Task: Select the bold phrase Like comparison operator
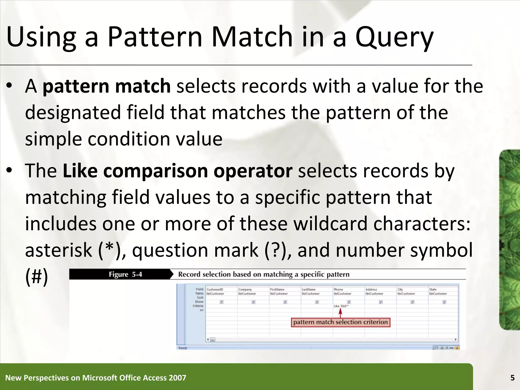(x=177, y=171)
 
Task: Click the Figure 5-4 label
(x=125, y=274)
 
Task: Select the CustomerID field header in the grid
(x=215, y=289)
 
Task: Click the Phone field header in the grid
(x=338, y=289)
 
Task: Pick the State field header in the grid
(x=433, y=289)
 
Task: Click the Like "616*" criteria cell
(x=341, y=306)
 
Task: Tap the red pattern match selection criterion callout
(x=340, y=322)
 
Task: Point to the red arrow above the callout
(x=340, y=313)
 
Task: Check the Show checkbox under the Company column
(x=253, y=302)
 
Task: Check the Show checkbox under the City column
(x=412, y=302)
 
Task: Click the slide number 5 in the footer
(x=512, y=378)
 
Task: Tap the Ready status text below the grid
(x=183, y=348)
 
